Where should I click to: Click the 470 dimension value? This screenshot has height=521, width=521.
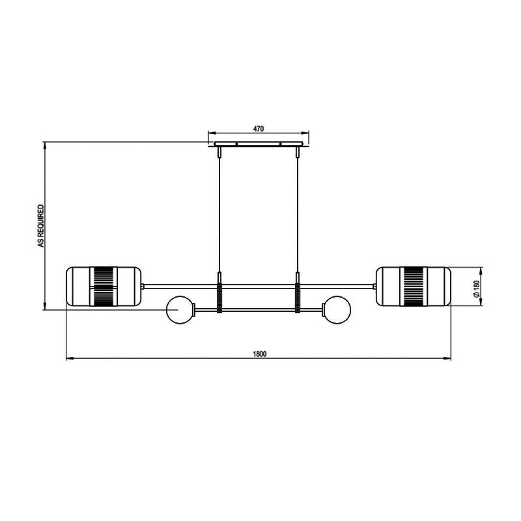(259, 128)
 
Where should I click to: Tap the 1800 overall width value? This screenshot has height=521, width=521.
(260, 354)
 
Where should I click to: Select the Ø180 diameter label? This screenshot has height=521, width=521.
(477, 289)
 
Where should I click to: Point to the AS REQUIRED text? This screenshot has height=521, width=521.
(41, 225)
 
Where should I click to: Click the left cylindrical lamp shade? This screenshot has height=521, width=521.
(104, 286)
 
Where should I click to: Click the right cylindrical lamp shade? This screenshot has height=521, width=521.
(414, 286)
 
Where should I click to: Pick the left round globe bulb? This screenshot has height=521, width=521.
(180, 310)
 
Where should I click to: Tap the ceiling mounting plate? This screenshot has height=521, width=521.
(259, 144)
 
